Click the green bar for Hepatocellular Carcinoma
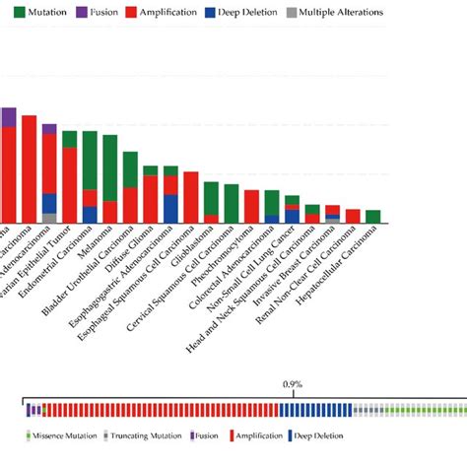pyautogui.click(x=373, y=216)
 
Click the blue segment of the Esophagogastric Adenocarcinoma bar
pyautogui.click(x=170, y=208)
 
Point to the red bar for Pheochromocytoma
pyautogui.click(x=251, y=206)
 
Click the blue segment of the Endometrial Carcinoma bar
pyautogui.click(x=90, y=214)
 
